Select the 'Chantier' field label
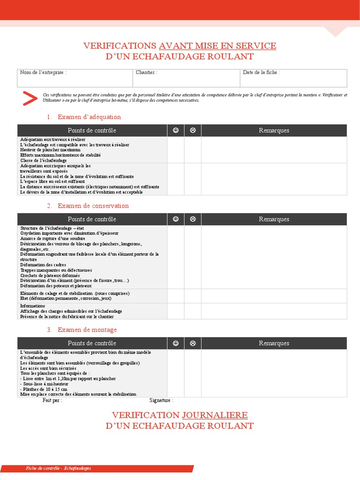click(146, 73)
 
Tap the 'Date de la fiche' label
click(261, 73)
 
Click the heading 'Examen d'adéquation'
click(89, 117)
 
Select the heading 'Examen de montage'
click(87, 330)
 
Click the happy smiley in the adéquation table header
click(176, 130)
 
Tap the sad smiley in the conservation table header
click(193, 219)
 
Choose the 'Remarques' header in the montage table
click(274, 343)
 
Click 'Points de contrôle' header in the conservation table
click(92, 219)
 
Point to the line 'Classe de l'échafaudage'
click(44, 160)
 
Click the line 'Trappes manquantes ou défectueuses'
click(56, 270)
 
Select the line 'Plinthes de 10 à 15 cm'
click(44, 389)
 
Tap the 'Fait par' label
click(52, 400)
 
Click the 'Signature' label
click(161, 400)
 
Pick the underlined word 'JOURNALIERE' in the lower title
click(215, 415)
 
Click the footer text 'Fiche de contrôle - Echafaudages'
click(58, 468)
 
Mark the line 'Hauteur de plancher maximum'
click(50, 150)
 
